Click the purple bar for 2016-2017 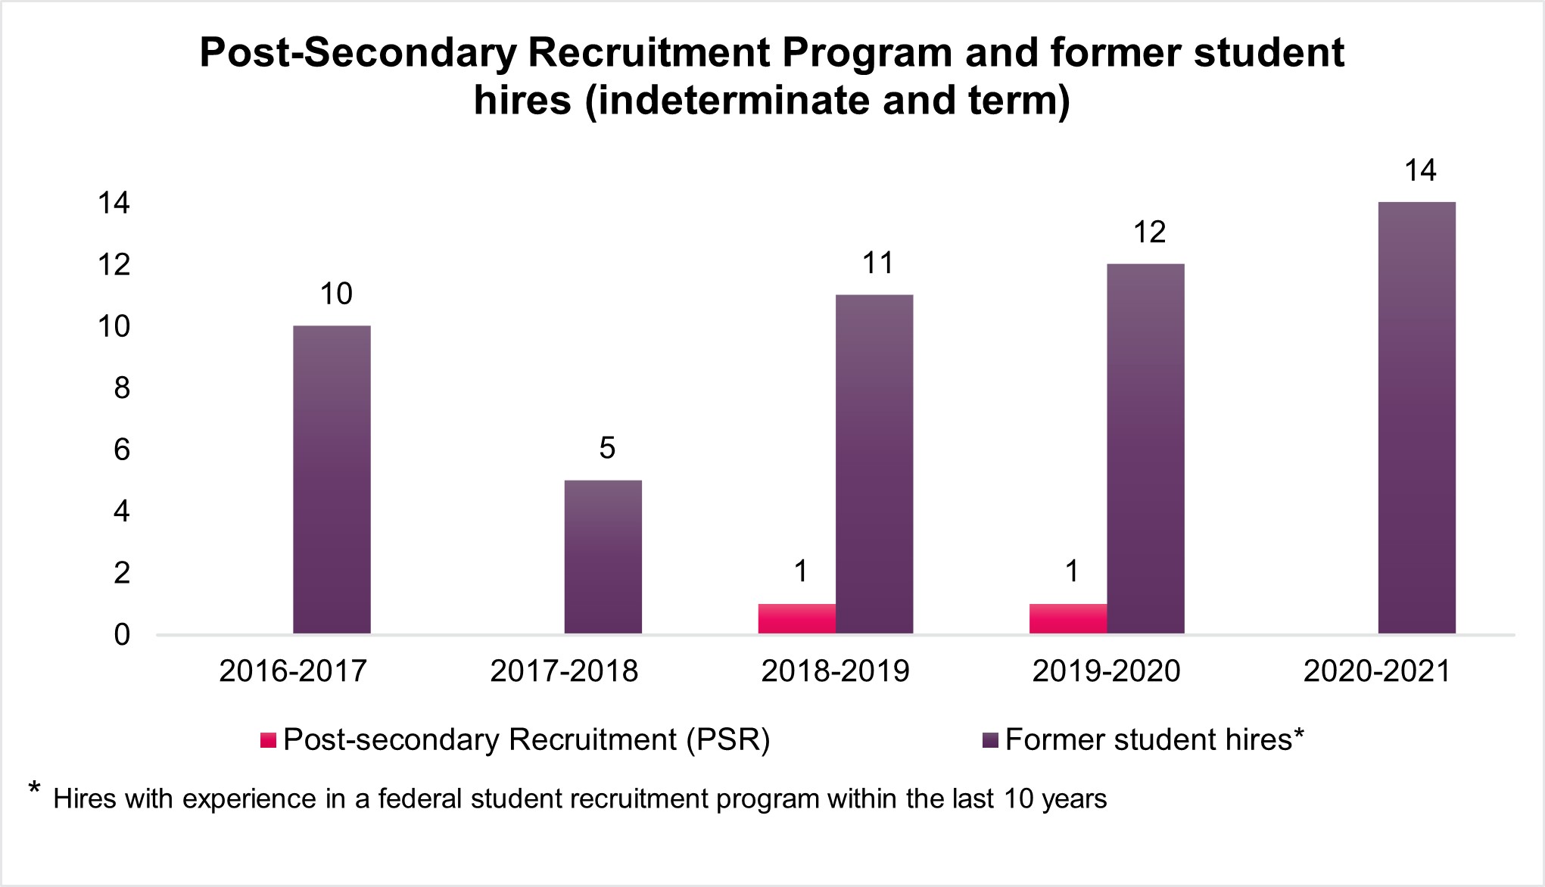tap(332, 479)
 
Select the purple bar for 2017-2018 tap(603, 556)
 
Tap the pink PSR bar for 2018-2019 tap(796, 618)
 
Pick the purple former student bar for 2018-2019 tap(874, 463)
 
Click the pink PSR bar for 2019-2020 tap(1067, 618)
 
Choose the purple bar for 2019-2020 tap(1145, 448)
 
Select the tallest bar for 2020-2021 tap(1416, 417)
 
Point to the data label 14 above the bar tap(1419, 170)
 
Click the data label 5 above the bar tap(607, 449)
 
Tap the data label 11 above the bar tap(878, 263)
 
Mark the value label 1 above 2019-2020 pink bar tap(1071, 571)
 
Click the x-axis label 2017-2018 tap(564, 671)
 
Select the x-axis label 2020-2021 tap(1377, 671)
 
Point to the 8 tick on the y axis tap(121, 388)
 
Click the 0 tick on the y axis tap(121, 635)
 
